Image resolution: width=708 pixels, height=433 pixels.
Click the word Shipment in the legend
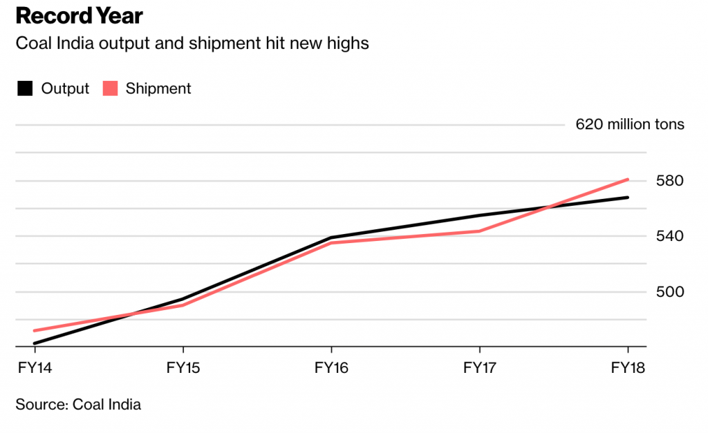(158, 88)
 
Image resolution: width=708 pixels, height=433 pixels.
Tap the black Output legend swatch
(25, 88)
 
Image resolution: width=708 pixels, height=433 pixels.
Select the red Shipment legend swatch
(111, 88)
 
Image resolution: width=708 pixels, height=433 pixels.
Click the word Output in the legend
(65, 88)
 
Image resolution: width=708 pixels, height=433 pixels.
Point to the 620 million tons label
(630, 125)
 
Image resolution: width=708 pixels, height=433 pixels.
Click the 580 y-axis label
(669, 181)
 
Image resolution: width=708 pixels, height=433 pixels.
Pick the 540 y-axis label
(669, 236)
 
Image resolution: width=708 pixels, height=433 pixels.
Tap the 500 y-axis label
(669, 291)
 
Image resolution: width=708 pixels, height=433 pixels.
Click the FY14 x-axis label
(34, 367)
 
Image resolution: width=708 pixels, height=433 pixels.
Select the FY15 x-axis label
(183, 367)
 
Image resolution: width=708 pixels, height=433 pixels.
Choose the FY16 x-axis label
(332, 367)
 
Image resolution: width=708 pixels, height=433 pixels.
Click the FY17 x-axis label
(480, 367)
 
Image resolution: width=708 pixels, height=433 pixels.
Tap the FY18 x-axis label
(628, 367)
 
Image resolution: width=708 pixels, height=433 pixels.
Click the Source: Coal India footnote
(78, 405)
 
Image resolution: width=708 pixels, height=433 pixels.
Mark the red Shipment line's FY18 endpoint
(627, 180)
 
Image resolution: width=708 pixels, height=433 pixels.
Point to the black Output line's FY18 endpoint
(627, 198)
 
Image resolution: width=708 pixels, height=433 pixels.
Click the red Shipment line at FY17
(480, 231)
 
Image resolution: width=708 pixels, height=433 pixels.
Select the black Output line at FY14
(35, 343)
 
